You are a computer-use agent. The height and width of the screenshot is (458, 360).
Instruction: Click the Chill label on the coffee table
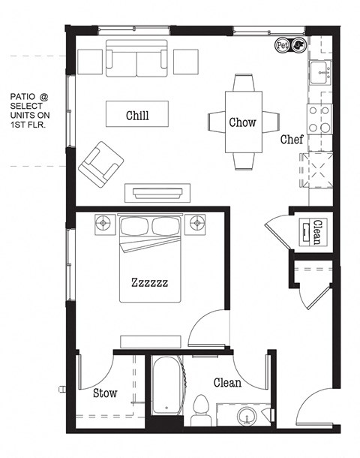pyautogui.click(x=136, y=116)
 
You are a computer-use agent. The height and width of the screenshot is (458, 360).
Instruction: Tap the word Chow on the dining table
pyautogui.click(x=243, y=122)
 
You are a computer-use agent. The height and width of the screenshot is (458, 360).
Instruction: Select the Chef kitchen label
pyautogui.click(x=292, y=140)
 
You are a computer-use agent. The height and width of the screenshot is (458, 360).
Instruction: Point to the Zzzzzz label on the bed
pyautogui.click(x=149, y=283)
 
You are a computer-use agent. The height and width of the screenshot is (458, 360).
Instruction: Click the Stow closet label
pyautogui.click(x=104, y=393)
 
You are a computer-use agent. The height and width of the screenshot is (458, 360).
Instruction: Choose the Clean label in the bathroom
pyautogui.click(x=228, y=383)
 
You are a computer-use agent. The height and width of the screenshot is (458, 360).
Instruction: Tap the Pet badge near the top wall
pyautogui.click(x=283, y=45)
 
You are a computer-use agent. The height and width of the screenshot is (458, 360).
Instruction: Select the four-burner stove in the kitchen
pyautogui.click(x=318, y=119)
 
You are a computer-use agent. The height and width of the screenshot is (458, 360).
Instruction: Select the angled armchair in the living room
pyautogui.click(x=101, y=164)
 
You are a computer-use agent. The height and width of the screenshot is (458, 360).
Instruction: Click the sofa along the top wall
pyautogui.click(x=137, y=60)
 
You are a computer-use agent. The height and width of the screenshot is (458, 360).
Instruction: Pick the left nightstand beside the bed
pyautogui.click(x=103, y=222)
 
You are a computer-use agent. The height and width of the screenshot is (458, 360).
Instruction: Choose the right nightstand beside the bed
pyautogui.click(x=197, y=222)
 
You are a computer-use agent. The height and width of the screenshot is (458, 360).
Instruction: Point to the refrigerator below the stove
pyautogui.click(x=316, y=171)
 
